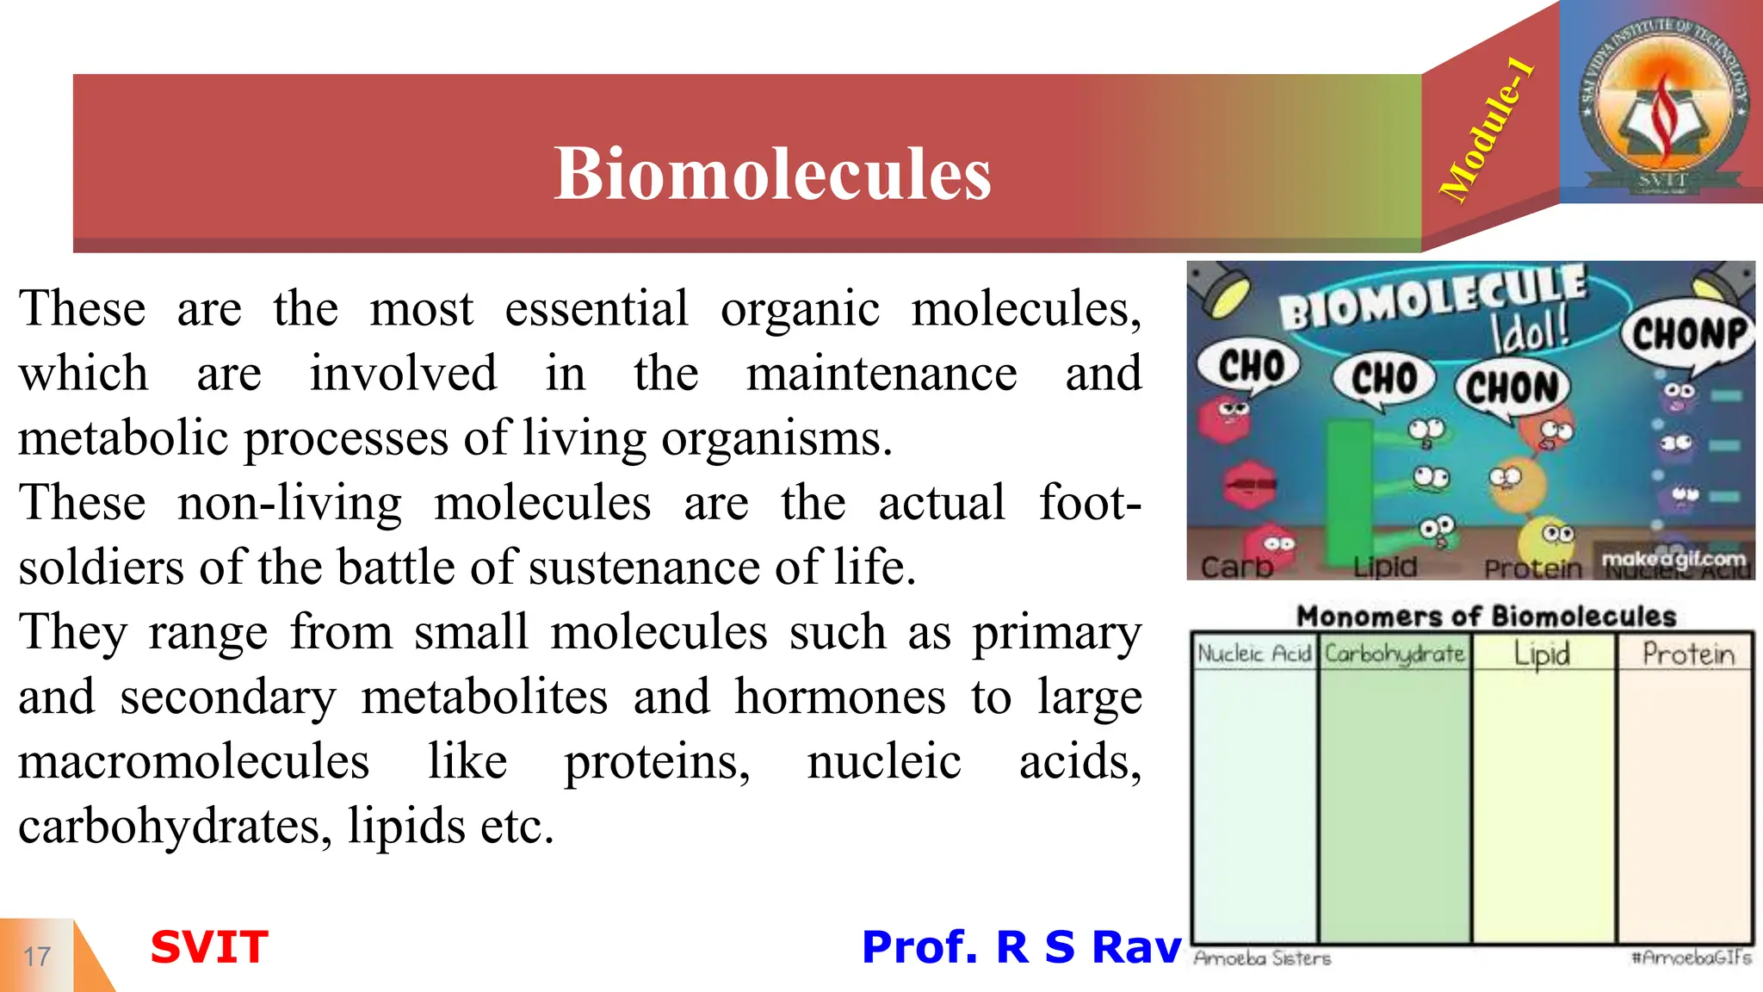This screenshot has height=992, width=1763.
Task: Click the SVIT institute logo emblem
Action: [x=1663, y=103]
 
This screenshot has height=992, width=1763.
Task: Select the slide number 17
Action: [x=37, y=956]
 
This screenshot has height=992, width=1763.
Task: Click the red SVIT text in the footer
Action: [x=209, y=947]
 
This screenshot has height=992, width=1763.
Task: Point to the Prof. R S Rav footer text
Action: [x=1021, y=947]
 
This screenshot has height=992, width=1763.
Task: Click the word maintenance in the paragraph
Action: [x=881, y=374]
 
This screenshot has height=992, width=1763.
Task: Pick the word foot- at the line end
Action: [x=1090, y=503]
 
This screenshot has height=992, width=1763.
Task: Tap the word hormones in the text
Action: [x=839, y=697]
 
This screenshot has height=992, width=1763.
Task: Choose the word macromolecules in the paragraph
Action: [x=194, y=762]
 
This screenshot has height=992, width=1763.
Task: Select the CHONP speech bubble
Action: [x=1688, y=334]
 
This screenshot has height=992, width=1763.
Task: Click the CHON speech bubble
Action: [x=1512, y=388]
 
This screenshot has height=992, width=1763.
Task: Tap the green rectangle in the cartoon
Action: [x=1348, y=491]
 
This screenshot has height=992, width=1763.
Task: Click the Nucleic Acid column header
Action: [x=1254, y=654]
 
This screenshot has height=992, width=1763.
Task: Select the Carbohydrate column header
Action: [x=1395, y=654]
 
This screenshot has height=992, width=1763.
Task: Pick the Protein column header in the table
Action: [x=1687, y=654]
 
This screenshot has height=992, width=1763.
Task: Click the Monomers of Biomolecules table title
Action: [x=1487, y=617]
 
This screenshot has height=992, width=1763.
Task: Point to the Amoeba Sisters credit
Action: [x=1262, y=958]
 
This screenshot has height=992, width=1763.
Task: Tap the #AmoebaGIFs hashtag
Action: [x=1691, y=958]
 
